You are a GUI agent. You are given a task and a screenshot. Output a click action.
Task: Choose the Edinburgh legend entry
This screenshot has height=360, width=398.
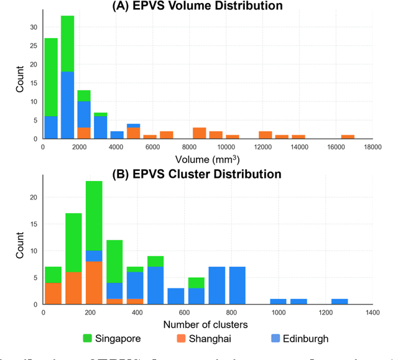[x=305, y=338]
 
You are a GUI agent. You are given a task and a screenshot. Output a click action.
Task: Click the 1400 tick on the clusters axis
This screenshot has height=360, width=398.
[x=373, y=313]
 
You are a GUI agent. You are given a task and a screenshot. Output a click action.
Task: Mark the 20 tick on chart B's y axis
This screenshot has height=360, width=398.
[x=34, y=198]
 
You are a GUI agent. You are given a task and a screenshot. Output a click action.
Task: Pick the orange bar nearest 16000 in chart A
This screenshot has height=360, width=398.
[x=348, y=137]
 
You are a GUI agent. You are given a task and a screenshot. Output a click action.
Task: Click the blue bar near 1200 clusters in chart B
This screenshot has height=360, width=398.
[x=340, y=302]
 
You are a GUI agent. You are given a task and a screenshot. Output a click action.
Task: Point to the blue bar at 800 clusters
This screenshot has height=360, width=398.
[x=238, y=285]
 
